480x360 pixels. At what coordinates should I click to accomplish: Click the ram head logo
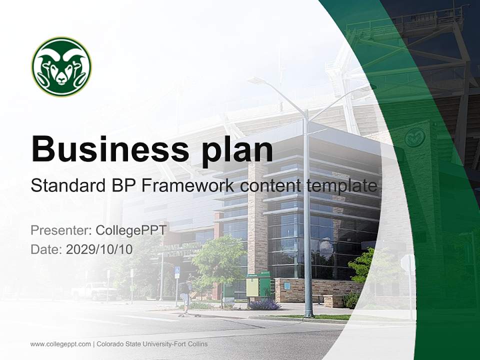pyautogui.click(x=61, y=66)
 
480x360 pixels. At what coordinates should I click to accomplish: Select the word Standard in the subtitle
pyautogui.click(x=62, y=186)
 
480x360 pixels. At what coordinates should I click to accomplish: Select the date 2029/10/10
pyautogui.click(x=99, y=249)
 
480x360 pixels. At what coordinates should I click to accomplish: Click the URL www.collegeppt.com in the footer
pyautogui.click(x=60, y=344)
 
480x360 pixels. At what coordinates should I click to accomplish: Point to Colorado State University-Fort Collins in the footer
pyautogui.click(x=152, y=344)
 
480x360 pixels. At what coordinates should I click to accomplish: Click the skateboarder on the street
pyautogui.click(x=185, y=297)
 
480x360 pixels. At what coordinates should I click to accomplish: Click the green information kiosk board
pyautogui.click(x=252, y=286)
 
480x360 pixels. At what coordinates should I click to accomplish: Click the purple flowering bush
pyautogui.click(x=264, y=304)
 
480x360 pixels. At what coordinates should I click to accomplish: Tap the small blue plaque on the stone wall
pyautogui.click(x=287, y=286)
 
